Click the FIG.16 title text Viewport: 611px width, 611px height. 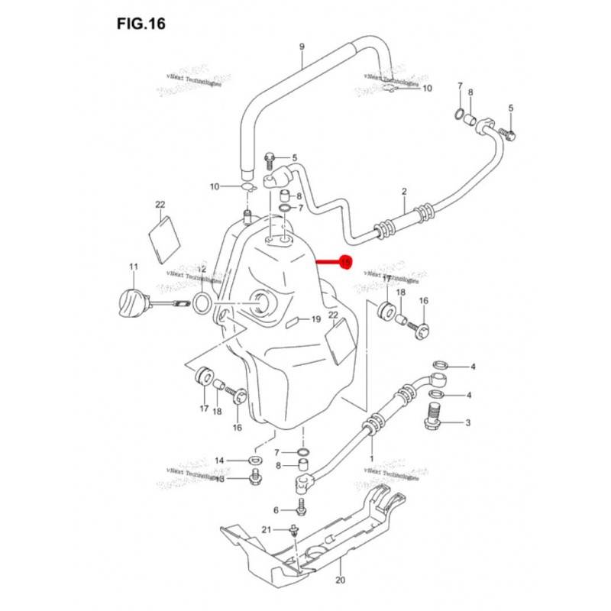pyautogui.click(x=141, y=24)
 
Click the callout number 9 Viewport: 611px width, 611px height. pyautogui.click(x=302, y=47)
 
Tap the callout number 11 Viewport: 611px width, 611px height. pyautogui.click(x=133, y=267)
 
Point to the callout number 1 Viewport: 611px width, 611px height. pyautogui.click(x=371, y=459)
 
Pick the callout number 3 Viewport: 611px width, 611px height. pyautogui.click(x=468, y=422)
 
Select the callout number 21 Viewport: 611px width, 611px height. pyautogui.click(x=267, y=530)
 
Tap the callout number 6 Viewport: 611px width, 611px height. pyautogui.click(x=276, y=509)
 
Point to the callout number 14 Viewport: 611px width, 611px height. pyautogui.click(x=219, y=461)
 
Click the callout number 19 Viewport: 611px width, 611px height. pyautogui.click(x=316, y=320)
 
